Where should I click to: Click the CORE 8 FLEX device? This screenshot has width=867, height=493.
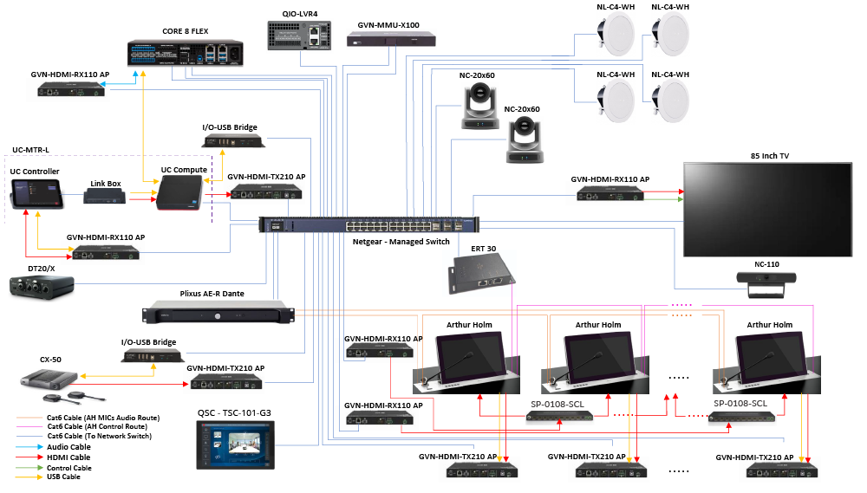(x=187, y=53)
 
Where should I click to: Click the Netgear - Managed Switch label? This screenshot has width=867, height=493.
(x=401, y=242)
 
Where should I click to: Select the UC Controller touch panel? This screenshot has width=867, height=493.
(x=37, y=198)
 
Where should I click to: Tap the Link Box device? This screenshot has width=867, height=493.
(x=104, y=198)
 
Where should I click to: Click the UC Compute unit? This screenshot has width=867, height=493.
(x=179, y=193)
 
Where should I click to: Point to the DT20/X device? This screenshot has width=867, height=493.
(x=40, y=288)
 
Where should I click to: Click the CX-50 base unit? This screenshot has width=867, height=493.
(x=42, y=379)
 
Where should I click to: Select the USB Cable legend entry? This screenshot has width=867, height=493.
(x=65, y=477)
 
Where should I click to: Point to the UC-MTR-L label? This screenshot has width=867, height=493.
(x=31, y=150)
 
